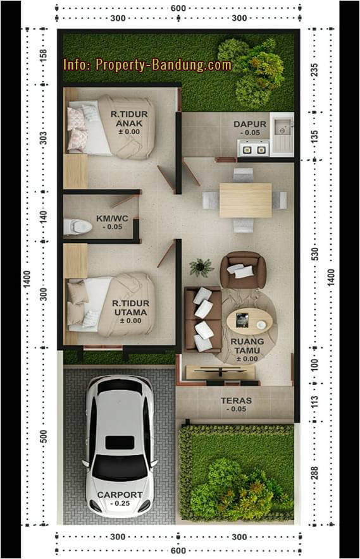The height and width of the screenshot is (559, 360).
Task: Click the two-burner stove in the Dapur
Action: click(x=253, y=149)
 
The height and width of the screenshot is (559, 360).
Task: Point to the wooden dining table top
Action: click(x=245, y=200)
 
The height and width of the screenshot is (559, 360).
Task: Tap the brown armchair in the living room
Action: click(x=243, y=270)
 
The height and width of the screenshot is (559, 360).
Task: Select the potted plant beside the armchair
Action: click(x=201, y=267)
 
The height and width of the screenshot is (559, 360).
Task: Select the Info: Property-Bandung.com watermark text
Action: click(x=147, y=64)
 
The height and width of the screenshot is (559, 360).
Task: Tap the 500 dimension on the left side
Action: click(x=44, y=437)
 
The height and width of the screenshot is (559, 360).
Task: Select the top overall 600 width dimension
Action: click(x=178, y=8)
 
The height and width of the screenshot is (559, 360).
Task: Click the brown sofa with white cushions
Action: click(x=202, y=319)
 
